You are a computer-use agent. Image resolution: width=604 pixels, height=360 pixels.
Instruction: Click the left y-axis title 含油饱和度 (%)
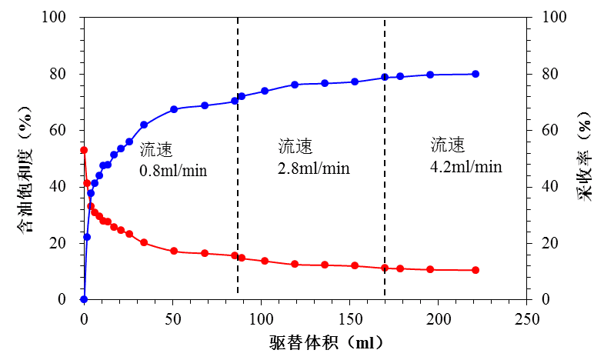(x=25, y=157)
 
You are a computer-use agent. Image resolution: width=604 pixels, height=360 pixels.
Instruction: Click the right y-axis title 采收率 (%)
(x=586, y=157)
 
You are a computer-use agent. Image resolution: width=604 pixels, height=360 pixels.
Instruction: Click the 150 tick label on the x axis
(x=349, y=318)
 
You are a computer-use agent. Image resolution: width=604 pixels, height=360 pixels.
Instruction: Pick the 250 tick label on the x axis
(x=527, y=318)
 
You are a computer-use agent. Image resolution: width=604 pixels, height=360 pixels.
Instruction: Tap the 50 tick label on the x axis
(x=172, y=318)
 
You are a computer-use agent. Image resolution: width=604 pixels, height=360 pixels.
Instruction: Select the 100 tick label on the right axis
(x=554, y=18)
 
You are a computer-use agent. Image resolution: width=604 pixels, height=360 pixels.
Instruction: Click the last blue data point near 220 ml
(x=476, y=74)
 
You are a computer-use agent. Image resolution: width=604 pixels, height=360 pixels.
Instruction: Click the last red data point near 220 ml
(x=476, y=270)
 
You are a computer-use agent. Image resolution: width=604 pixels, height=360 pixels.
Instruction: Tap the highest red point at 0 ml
(x=84, y=150)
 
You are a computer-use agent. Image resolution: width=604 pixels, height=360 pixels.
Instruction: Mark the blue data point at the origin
(x=84, y=299)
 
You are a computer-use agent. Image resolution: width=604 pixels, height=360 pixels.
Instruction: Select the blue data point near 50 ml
(x=174, y=109)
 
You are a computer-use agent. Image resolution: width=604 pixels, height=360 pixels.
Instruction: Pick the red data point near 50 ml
(x=174, y=252)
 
